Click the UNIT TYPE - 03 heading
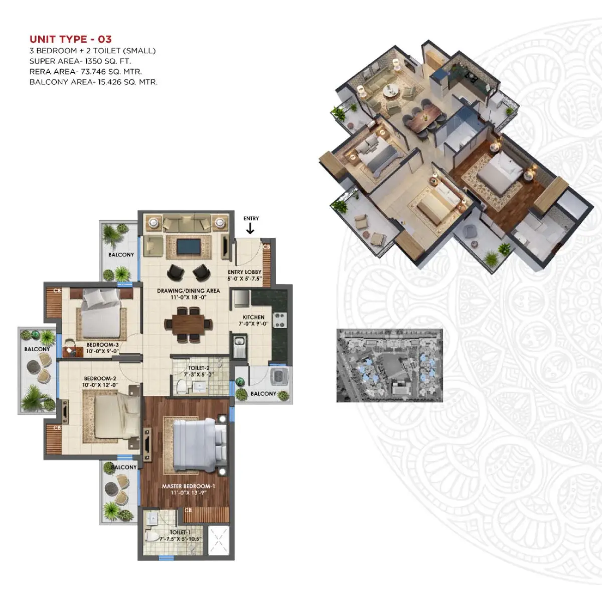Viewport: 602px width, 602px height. point(70,39)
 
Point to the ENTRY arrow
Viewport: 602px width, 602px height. point(250,228)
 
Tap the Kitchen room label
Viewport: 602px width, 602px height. point(254,317)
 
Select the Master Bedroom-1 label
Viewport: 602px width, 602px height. point(189,486)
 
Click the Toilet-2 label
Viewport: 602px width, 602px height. point(199,368)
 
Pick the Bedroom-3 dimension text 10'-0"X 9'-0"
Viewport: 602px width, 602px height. point(102,351)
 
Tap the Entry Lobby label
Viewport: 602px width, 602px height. point(244,272)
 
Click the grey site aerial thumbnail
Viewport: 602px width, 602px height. point(390,365)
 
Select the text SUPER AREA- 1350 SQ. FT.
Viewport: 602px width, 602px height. point(80,61)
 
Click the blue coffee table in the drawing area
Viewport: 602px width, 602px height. point(189,247)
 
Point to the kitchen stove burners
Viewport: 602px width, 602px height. point(279,320)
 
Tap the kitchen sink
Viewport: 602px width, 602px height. point(240,346)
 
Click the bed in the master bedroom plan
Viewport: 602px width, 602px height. point(200,445)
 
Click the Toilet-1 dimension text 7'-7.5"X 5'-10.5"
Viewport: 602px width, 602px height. point(181,539)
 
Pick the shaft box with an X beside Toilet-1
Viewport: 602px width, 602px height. point(218,541)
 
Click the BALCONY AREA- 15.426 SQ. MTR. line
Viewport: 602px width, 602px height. point(93,82)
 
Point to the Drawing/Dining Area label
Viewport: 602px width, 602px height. point(189,290)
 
